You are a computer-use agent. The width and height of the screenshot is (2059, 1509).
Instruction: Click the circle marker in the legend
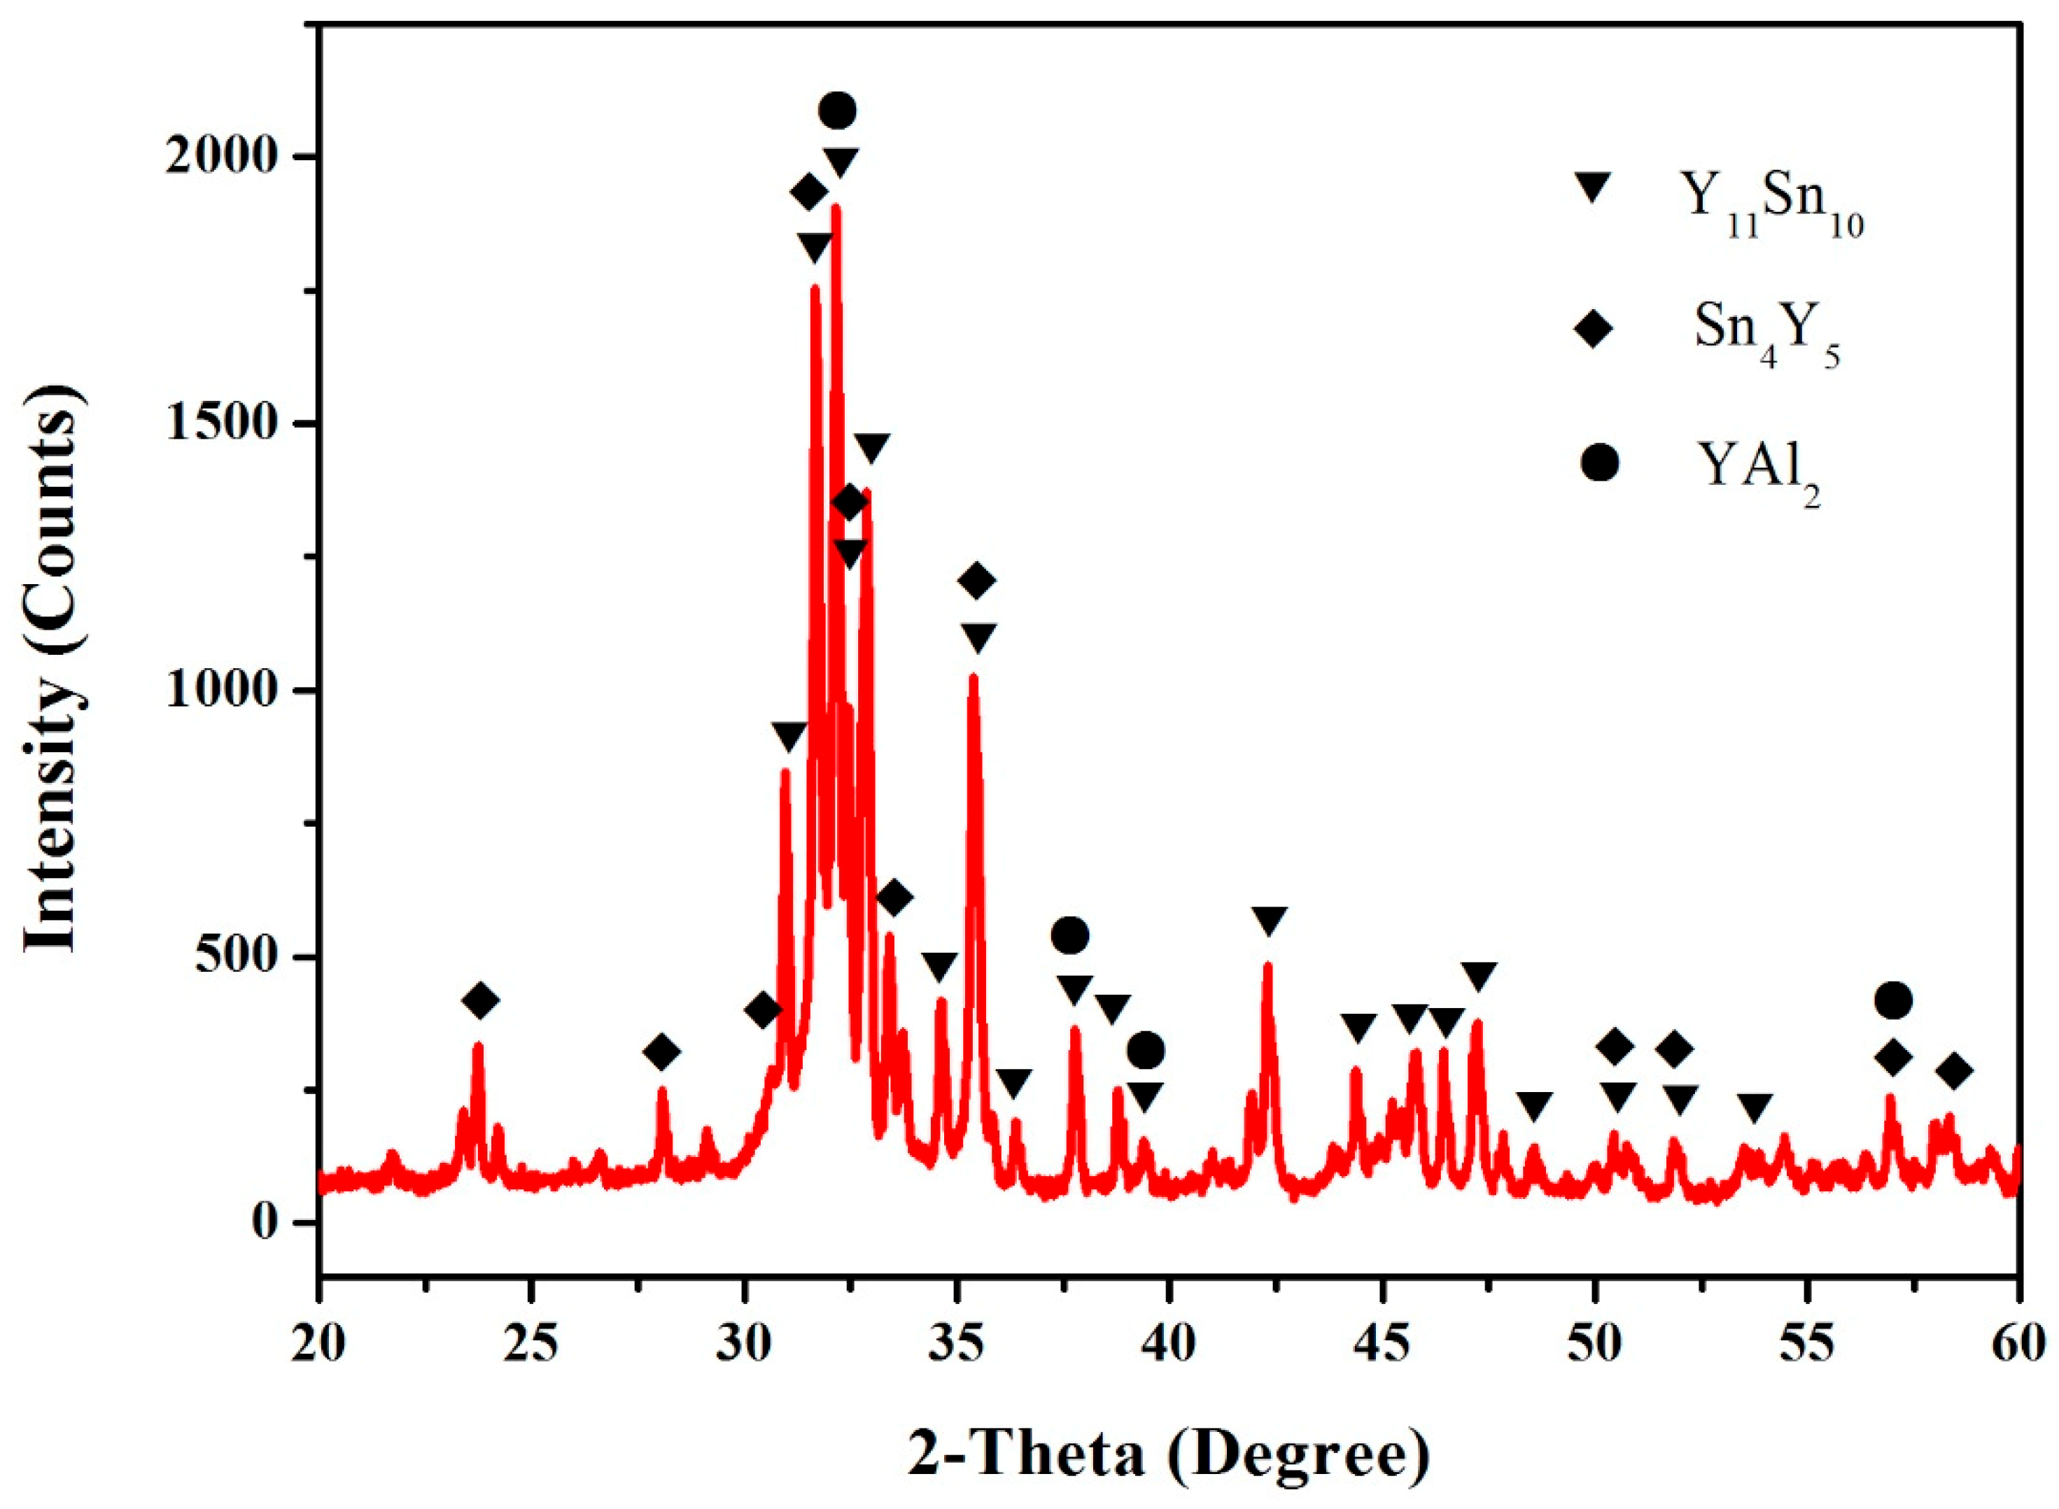coord(1599,463)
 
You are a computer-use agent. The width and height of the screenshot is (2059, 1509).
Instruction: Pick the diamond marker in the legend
coord(1595,329)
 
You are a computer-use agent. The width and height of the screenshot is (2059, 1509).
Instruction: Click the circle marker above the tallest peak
coord(838,111)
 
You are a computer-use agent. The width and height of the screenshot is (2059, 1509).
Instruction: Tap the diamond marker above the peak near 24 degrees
coord(481,1001)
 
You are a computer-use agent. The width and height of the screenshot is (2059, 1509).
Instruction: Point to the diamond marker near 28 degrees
coord(661,1052)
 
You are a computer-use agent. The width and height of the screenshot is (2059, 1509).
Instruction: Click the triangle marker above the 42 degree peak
coord(1270,920)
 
